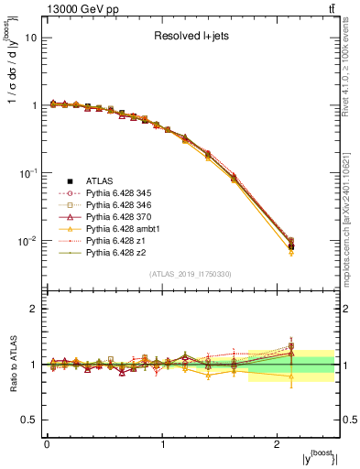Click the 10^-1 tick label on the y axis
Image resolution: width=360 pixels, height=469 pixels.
(x=27, y=172)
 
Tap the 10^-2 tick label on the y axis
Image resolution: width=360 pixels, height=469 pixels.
(x=27, y=240)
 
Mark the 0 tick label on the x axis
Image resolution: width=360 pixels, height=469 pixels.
(x=47, y=445)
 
